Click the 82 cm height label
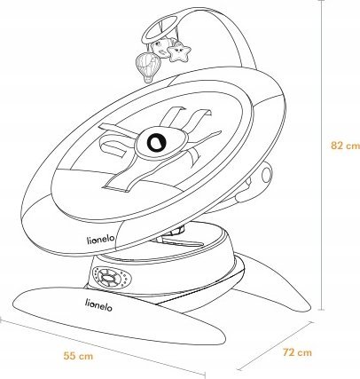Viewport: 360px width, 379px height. point(345,146)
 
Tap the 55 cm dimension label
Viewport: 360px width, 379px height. point(78,356)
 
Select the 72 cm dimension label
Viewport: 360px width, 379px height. point(297,352)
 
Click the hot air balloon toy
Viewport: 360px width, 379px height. point(148,67)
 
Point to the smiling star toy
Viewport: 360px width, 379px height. point(179,52)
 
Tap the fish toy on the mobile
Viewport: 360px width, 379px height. point(161,47)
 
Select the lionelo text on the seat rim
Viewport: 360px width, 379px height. point(100,239)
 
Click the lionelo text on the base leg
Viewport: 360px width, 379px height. point(98,305)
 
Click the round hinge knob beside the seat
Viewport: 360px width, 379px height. point(267,174)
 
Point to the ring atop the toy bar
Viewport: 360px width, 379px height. point(159,28)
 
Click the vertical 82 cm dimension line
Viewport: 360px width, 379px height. point(321,154)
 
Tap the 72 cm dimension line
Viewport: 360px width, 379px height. point(275,346)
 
